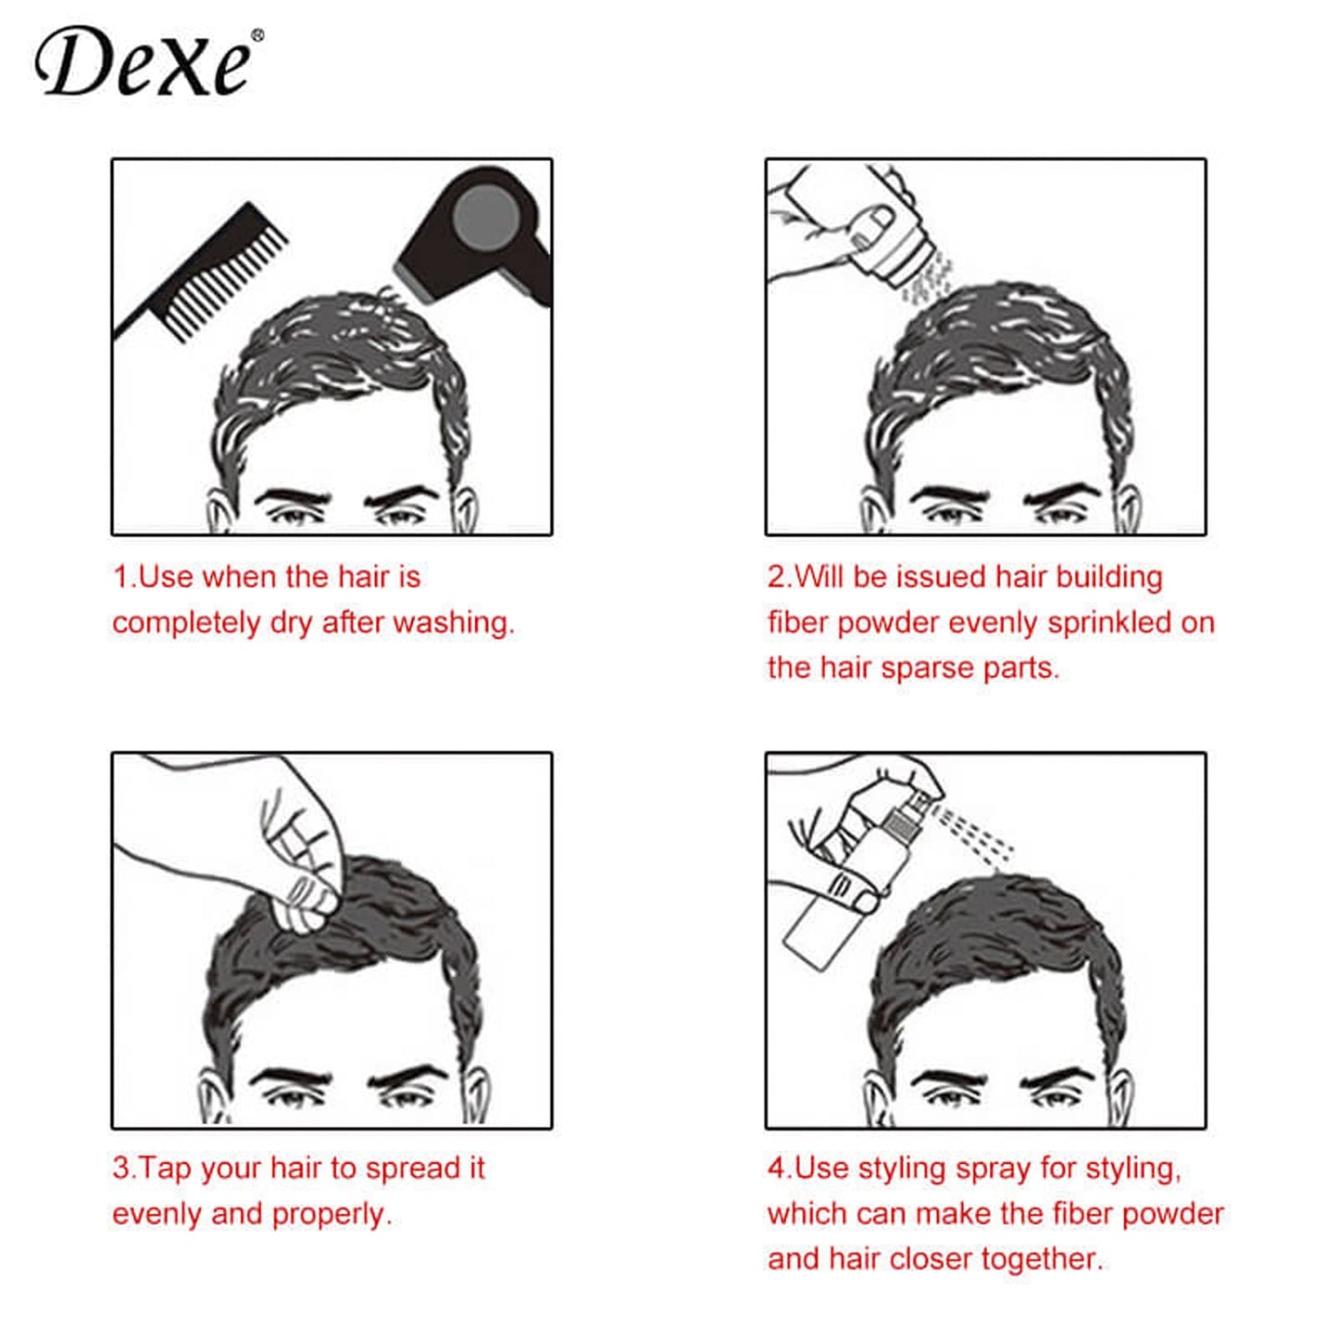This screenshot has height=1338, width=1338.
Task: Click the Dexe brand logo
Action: click(144, 63)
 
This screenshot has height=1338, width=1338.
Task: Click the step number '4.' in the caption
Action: click(779, 1169)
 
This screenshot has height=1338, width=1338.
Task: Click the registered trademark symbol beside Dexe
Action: click(257, 36)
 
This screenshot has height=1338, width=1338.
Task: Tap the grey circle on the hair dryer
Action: click(486, 216)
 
